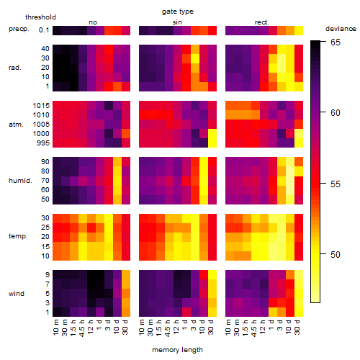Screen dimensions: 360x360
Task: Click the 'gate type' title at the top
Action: click(x=178, y=12)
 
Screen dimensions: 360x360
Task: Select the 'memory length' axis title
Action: click(x=177, y=350)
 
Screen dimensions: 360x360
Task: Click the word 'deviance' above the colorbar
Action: click(x=341, y=29)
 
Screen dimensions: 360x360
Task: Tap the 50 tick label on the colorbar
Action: click(x=336, y=254)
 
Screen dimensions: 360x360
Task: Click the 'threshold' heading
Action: click(x=40, y=17)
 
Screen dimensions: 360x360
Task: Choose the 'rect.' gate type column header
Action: click(x=262, y=22)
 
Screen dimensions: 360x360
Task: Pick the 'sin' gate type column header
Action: click(x=177, y=22)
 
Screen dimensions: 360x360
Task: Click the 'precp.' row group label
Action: click(x=19, y=29)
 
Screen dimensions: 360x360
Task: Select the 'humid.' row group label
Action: click(x=20, y=180)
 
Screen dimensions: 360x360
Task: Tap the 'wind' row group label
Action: click(x=17, y=293)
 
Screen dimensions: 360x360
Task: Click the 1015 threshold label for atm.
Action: click(x=41, y=105)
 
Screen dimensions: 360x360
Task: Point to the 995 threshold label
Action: click(x=43, y=143)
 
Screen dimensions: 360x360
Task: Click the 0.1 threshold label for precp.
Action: click(x=44, y=30)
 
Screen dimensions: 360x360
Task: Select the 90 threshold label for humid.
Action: click(x=45, y=161)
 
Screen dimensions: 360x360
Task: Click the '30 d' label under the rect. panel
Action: click(x=297, y=327)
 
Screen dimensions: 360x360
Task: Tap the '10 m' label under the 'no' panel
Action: click(x=55, y=327)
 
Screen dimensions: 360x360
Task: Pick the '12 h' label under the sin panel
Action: click(x=176, y=327)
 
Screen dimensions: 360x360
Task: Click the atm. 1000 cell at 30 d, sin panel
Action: click(x=212, y=133)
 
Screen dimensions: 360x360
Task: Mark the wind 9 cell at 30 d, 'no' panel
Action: click(x=126, y=274)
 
